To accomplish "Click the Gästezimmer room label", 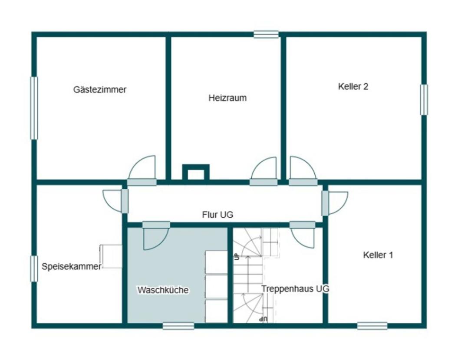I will click(100, 90).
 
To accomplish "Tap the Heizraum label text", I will click(227, 98).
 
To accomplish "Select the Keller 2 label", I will click(353, 86).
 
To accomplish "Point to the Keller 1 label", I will click(378, 255).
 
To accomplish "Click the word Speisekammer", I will click(71, 267).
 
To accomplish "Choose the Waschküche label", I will click(163, 290).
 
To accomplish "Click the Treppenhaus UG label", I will click(295, 288).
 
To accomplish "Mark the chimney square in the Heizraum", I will click(196, 173).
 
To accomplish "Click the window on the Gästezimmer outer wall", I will click(34, 108).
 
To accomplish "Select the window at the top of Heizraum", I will click(266, 34).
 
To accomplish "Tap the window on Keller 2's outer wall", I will click(424, 100).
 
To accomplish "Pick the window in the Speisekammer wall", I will click(34, 268).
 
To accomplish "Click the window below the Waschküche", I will click(178, 326).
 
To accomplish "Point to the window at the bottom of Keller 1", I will click(372, 326).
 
